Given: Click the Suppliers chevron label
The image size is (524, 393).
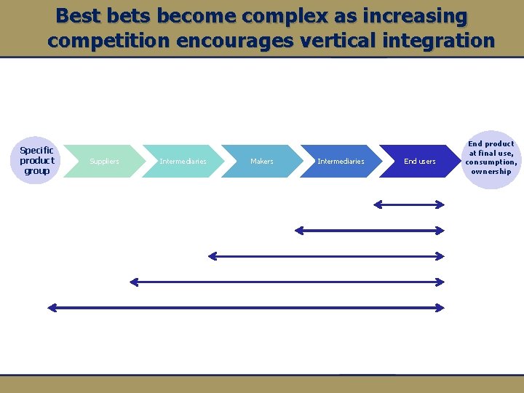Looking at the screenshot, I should tap(104, 161).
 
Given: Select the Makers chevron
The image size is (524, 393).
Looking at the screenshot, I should tap(261, 161).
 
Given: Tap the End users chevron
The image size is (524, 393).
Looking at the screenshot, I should tap(419, 161).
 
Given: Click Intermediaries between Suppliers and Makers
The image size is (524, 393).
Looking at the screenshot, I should tap(183, 161).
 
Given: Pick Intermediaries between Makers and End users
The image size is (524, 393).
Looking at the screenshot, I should tap(341, 161).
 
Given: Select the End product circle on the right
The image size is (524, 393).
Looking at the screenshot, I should tap(491, 158).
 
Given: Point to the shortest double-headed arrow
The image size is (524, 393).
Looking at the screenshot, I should tap(408, 205).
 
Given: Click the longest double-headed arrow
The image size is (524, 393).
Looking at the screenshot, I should tap(245, 308).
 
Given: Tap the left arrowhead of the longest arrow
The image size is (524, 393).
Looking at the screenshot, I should tap(51, 308).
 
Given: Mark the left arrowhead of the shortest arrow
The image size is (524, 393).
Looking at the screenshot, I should tap(378, 205).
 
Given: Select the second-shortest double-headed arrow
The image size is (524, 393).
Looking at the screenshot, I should tap(369, 231).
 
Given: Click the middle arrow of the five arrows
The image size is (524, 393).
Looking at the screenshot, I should tap(325, 256).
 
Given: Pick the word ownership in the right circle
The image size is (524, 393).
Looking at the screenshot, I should tap(491, 172).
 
